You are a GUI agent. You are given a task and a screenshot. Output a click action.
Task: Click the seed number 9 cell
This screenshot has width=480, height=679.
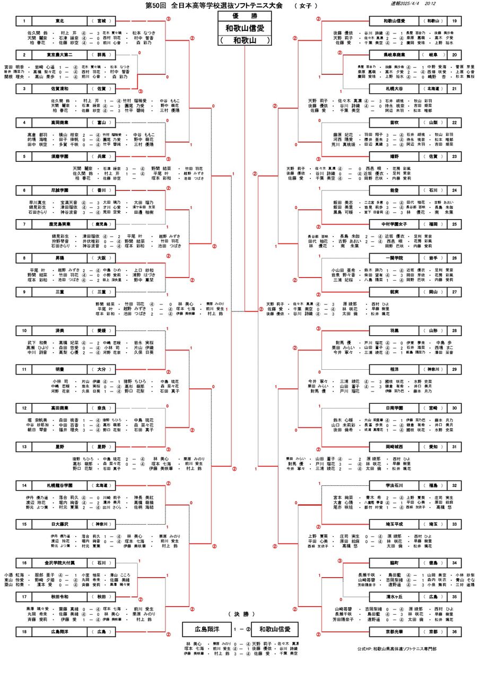pos(24,291)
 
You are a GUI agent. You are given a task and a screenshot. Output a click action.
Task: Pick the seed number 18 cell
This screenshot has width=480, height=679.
pos(24,632)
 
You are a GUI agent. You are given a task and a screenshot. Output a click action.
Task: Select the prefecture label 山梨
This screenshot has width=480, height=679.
pos(432,123)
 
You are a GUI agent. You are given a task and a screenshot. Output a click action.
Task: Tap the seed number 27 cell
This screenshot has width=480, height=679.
pos(455,291)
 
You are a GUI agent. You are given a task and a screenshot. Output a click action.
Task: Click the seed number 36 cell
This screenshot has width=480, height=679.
pos(455,632)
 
